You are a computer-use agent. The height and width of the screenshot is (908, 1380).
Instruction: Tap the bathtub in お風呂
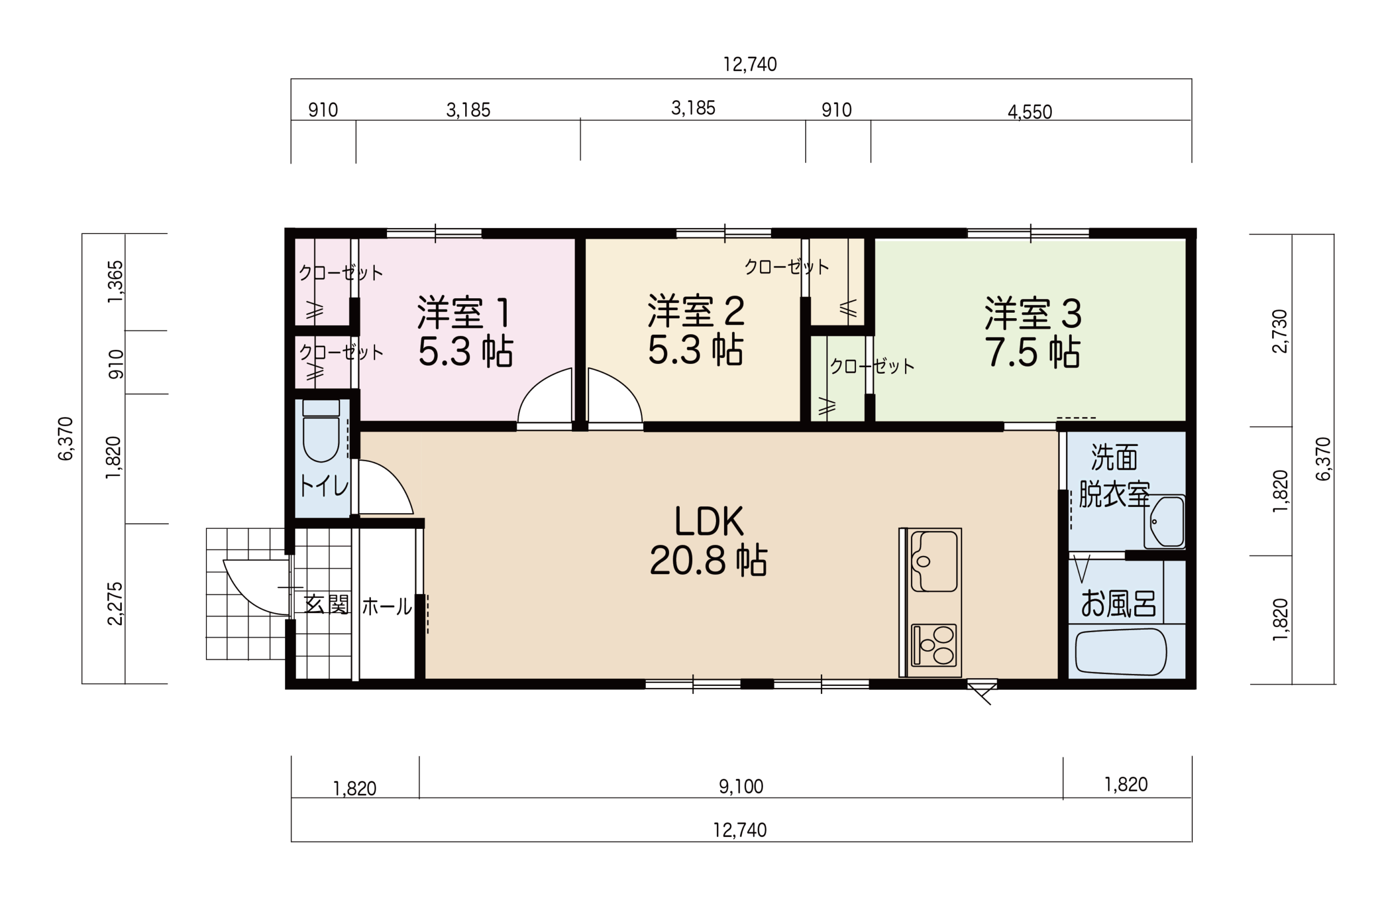tap(1121, 652)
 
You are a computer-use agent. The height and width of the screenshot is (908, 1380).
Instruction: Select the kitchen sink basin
tap(934, 561)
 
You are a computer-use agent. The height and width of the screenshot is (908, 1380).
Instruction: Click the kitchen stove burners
tap(934, 645)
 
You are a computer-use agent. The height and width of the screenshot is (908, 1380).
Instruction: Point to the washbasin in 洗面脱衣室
tap(1164, 521)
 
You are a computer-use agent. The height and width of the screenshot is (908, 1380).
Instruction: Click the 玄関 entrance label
tap(327, 604)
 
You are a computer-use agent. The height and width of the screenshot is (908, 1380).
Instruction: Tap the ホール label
tap(387, 607)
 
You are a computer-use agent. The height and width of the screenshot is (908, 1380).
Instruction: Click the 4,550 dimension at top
tap(1030, 112)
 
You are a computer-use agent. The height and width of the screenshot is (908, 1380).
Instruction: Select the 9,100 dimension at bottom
tap(741, 786)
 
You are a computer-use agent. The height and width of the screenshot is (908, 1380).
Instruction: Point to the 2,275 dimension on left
tap(115, 603)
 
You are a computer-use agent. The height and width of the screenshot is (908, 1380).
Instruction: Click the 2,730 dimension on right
tap(1279, 331)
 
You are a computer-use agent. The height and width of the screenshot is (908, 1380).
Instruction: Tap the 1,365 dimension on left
tap(115, 282)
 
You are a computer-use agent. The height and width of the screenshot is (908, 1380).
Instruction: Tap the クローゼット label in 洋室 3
tap(872, 366)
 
